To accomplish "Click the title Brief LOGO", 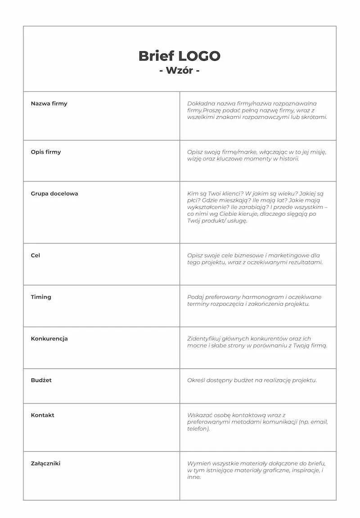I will (x=179, y=56).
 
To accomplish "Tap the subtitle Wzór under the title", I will (x=179, y=71).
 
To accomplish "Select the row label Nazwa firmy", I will (x=49, y=104).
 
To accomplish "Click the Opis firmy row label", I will (x=46, y=152).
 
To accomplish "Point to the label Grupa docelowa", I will (x=54, y=194).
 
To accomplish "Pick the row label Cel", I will (x=36, y=255).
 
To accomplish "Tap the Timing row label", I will (x=41, y=297).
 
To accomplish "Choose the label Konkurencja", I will (x=49, y=339).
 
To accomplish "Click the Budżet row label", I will (x=41, y=380).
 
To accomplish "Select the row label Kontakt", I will (x=43, y=415).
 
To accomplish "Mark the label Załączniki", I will (x=45, y=463).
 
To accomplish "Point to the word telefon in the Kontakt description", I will (x=198, y=429).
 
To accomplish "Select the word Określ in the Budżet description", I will (x=196, y=380).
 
